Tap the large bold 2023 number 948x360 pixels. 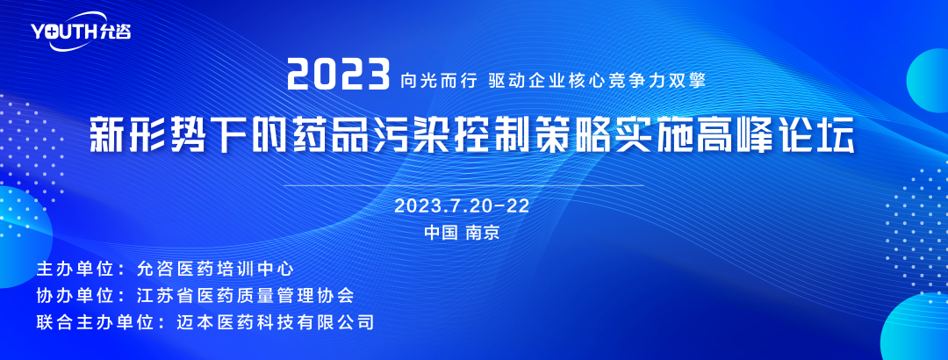pyautogui.click(x=339, y=76)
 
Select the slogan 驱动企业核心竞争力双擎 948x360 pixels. pyautogui.click(x=597, y=80)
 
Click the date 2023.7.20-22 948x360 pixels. pyautogui.click(x=462, y=205)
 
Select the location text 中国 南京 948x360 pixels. pyautogui.click(x=462, y=233)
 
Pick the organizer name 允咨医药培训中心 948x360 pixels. pyautogui.click(x=215, y=268)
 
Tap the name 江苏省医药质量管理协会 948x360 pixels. pyautogui.click(x=245, y=295)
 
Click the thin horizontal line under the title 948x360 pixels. pyautogui.click(x=463, y=184)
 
